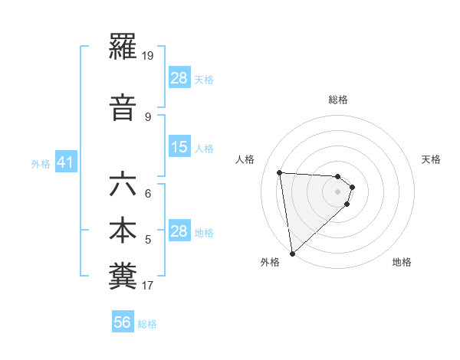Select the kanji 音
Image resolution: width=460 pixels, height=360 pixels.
pyautogui.click(x=123, y=107)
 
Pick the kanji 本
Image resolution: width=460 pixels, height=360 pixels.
pyautogui.click(x=123, y=231)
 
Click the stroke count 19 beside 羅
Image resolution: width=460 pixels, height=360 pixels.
pyautogui.click(x=149, y=56)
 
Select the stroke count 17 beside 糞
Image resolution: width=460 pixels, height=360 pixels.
pyautogui.click(x=148, y=286)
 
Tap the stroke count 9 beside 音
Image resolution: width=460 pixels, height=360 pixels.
pyautogui.click(x=148, y=116)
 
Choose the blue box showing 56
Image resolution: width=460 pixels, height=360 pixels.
pyautogui.click(x=123, y=322)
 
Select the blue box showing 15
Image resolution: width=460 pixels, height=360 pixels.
pyautogui.click(x=179, y=147)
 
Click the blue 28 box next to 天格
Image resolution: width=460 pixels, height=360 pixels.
pyautogui.click(x=179, y=77)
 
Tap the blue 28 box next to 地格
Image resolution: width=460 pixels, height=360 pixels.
pyautogui.click(x=179, y=231)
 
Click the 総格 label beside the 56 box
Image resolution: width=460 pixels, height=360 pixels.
pyautogui.click(x=147, y=323)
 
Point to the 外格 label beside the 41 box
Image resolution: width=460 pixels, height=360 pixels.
pyautogui.click(x=41, y=163)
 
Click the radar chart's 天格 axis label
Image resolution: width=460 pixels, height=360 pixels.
pyautogui.click(x=431, y=159)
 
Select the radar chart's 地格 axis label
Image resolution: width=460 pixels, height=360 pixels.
pyautogui.click(x=402, y=262)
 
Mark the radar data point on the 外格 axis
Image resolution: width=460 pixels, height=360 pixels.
pyautogui.click(x=292, y=253)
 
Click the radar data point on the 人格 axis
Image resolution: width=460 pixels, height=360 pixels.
pyautogui.click(x=280, y=172)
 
